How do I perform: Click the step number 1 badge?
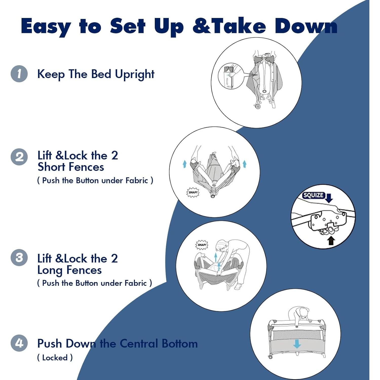coord(19,74)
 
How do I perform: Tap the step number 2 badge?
coord(19,157)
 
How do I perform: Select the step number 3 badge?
coord(19,258)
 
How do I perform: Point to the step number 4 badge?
coord(19,343)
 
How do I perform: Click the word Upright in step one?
coord(135,74)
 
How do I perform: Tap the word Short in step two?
coord(52,167)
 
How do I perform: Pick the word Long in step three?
coord(50,271)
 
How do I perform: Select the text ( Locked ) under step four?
coord(55,358)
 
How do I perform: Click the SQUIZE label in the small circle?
coord(314,195)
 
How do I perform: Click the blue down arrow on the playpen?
coord(297,344)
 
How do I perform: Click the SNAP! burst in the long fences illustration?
coord(202,245)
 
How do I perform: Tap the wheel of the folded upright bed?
coord(258,106)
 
